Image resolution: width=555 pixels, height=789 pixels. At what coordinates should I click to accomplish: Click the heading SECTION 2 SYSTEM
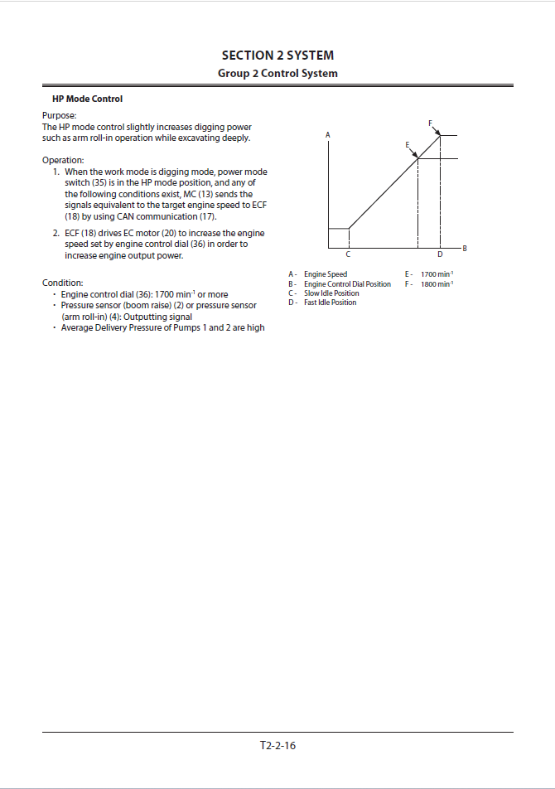[277, 56]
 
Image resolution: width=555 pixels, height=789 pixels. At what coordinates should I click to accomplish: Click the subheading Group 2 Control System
[277, 74]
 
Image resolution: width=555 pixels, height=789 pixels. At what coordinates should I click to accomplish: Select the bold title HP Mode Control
[88, 99]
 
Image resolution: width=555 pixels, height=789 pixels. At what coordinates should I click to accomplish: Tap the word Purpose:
[60, 116]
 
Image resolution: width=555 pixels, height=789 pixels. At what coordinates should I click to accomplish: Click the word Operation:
[63, 161]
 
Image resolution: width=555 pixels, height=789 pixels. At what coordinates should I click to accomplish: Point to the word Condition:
[63, 283]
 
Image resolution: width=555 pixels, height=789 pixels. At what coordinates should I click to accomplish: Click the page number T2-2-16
[277, 745]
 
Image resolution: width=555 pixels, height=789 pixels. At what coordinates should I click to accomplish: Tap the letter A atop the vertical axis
[328, 135]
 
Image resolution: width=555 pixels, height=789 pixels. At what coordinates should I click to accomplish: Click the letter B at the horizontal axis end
[465, 248]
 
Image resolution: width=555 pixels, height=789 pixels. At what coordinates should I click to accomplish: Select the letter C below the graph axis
[348, 254]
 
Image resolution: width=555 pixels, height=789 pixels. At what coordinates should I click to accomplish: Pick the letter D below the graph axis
[440, 254]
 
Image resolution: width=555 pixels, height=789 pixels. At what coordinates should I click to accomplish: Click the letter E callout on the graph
[408, 145]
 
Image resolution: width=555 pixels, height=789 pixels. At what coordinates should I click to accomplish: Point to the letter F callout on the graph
[430, 123]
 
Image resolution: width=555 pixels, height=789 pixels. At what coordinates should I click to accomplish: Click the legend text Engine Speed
[326, 274]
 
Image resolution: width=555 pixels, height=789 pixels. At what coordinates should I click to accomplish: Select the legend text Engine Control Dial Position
[347, 283]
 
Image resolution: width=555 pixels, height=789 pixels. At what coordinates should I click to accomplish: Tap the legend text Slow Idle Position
[331, 293]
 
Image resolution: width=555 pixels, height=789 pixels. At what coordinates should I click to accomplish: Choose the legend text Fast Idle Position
[331, 302]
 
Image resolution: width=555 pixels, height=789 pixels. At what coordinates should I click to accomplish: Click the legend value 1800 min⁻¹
[437, 283]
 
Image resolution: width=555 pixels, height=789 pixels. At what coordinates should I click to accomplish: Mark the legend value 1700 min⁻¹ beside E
[437, 274]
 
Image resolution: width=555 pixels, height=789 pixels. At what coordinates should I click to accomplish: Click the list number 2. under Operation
[55, 233]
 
